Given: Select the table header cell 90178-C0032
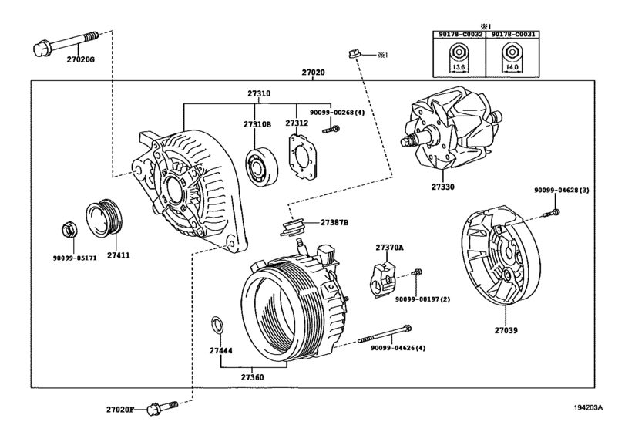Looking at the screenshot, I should [x=458, y=33].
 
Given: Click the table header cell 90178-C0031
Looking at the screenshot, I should [x=509, y=33].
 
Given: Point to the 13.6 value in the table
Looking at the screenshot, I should [x=458, y=67].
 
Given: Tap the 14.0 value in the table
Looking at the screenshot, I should [x=509, y=67].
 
